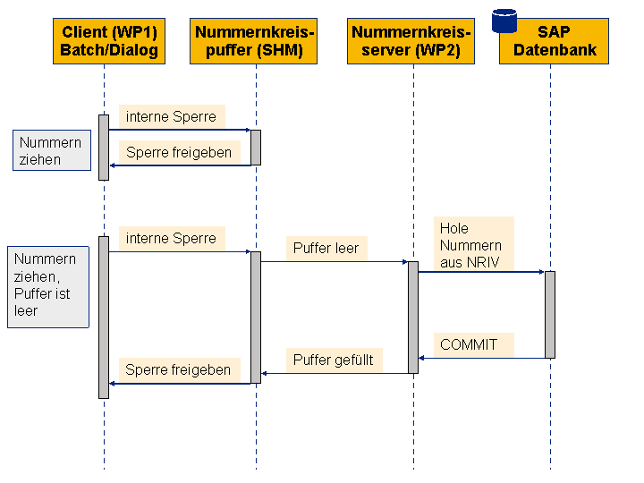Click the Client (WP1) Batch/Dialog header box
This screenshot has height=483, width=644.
point(109,41)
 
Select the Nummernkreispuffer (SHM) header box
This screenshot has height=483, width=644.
point(253,41)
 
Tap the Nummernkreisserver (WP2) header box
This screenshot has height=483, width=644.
point(411,41)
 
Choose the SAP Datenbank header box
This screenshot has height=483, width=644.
point(554,41)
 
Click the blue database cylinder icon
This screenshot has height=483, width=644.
point(504,21)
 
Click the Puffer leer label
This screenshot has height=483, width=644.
point(326,248)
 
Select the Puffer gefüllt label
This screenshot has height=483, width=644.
point(334,360)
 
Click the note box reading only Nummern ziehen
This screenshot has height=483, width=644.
point(52,150)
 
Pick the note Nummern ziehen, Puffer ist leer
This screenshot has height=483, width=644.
point(48,287)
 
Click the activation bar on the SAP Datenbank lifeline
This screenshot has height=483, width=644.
point(550,315)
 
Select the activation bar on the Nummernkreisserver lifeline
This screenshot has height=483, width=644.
point(413,318)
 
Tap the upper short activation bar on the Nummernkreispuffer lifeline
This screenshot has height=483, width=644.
point(256,148)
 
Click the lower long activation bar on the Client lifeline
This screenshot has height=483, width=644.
point(104,317)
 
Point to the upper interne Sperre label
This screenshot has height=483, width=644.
point(172,116)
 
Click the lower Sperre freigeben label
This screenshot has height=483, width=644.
point(179,369)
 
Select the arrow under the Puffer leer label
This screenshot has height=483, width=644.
point(335,261)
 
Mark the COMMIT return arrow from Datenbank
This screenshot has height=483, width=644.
point(482,358)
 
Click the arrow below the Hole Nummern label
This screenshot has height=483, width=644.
point(482,272)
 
